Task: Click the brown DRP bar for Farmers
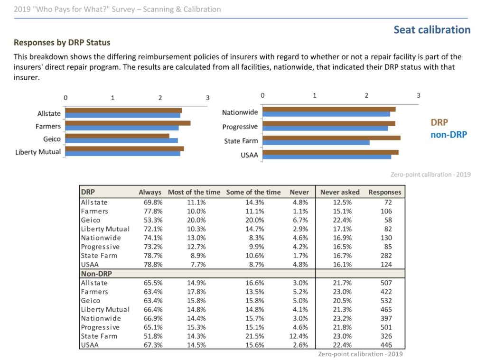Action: point(128,123)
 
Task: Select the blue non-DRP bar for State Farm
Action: point(316,142)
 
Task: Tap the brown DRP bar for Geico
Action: point(117,136)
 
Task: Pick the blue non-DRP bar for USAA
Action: point(327,157)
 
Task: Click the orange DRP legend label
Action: point(439,122)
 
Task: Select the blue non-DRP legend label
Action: point(449,135)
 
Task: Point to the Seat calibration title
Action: point(432,30)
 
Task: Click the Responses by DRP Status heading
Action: point(62,42)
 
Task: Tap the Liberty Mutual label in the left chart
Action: point(38,152)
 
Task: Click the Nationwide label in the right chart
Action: point(240,112)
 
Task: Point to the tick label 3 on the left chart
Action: point(208,98)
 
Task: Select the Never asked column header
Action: point(340,192)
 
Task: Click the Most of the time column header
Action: point(194,192)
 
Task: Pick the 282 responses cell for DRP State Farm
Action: point(386,256)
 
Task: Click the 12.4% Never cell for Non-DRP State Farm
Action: point(299,336)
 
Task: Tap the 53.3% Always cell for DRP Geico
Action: point(153,220)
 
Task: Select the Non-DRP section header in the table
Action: point(96,274)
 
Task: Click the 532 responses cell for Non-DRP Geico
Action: point(386,301)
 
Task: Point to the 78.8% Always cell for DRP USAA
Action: point(153,265)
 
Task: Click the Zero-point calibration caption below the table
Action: point(361,354)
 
